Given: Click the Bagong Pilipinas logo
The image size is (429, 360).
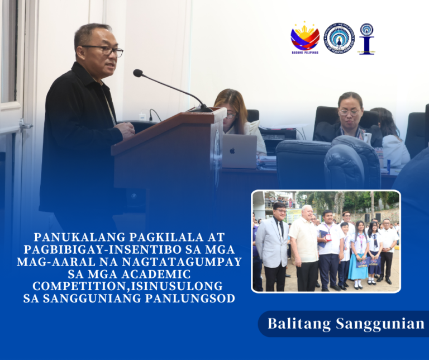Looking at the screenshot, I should (x=305, y=37).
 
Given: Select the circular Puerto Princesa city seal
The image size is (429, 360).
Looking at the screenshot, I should (x=339, y=37).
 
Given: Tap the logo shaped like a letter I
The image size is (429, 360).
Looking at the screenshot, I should (x=366, y=38).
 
